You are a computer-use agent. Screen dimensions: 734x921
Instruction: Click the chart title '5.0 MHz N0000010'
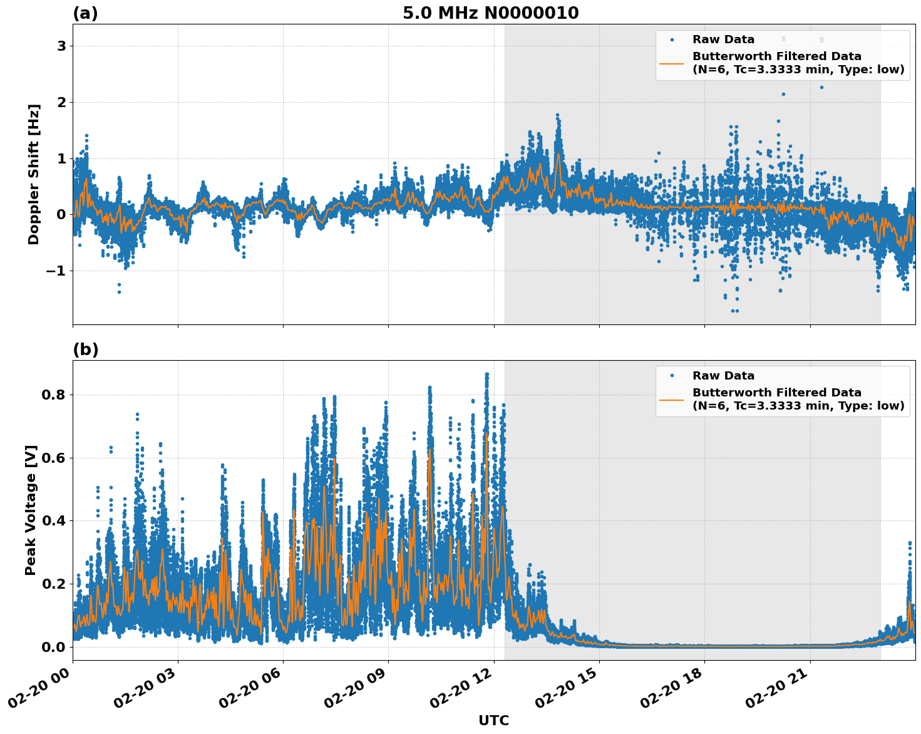[x=490, y=13]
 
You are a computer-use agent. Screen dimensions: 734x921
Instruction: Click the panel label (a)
[x=85, y=13]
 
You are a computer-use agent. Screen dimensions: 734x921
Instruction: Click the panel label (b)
[x=85, y=349]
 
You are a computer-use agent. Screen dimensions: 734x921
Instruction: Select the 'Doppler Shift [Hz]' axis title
[x=34, y=174]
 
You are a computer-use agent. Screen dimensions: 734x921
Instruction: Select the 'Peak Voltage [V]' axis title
[x=31, y=510]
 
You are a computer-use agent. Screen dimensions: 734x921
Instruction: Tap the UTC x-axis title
[x=493, y=720]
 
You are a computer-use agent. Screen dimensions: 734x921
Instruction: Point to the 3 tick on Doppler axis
[x=61, y=46]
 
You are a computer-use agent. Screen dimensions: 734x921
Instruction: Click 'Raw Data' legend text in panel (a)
[x=723, y=39]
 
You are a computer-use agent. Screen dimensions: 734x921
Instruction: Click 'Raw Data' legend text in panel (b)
[x=723, y=376]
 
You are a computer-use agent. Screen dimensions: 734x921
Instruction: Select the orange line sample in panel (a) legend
[x=672, y=63]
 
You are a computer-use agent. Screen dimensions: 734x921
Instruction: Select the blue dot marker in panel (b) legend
[x=672, y=376]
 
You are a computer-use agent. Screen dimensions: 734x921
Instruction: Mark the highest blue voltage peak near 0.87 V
[x=486, y=375]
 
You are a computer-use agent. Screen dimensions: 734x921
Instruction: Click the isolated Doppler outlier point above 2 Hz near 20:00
[x=783, y=94]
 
